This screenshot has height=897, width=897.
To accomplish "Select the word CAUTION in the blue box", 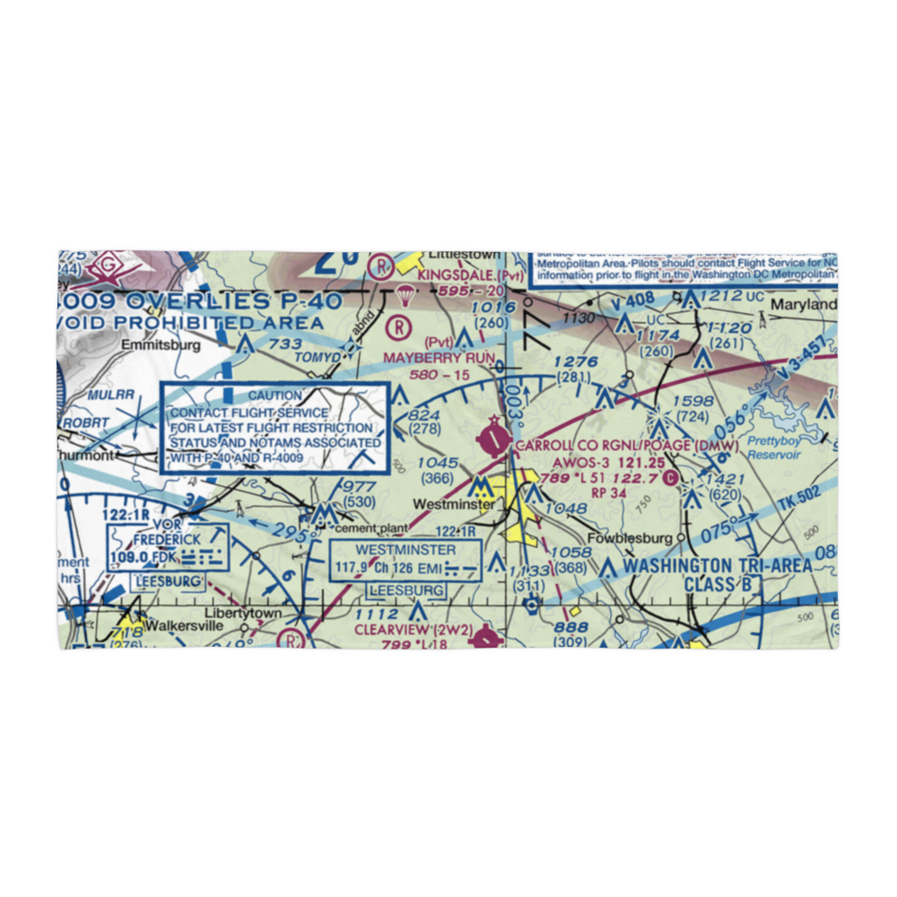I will click(x=275, y=396).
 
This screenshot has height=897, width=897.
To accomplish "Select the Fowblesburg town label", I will click(x=630, y=538).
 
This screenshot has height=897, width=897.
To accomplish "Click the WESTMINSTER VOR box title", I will click(x=405, y=549).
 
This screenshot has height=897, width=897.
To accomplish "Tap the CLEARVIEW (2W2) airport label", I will click(x=413, y=630).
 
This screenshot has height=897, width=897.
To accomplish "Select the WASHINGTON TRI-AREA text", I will click(x=718, y=566).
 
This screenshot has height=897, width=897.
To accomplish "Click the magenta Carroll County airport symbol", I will click(x=492, y=438).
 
